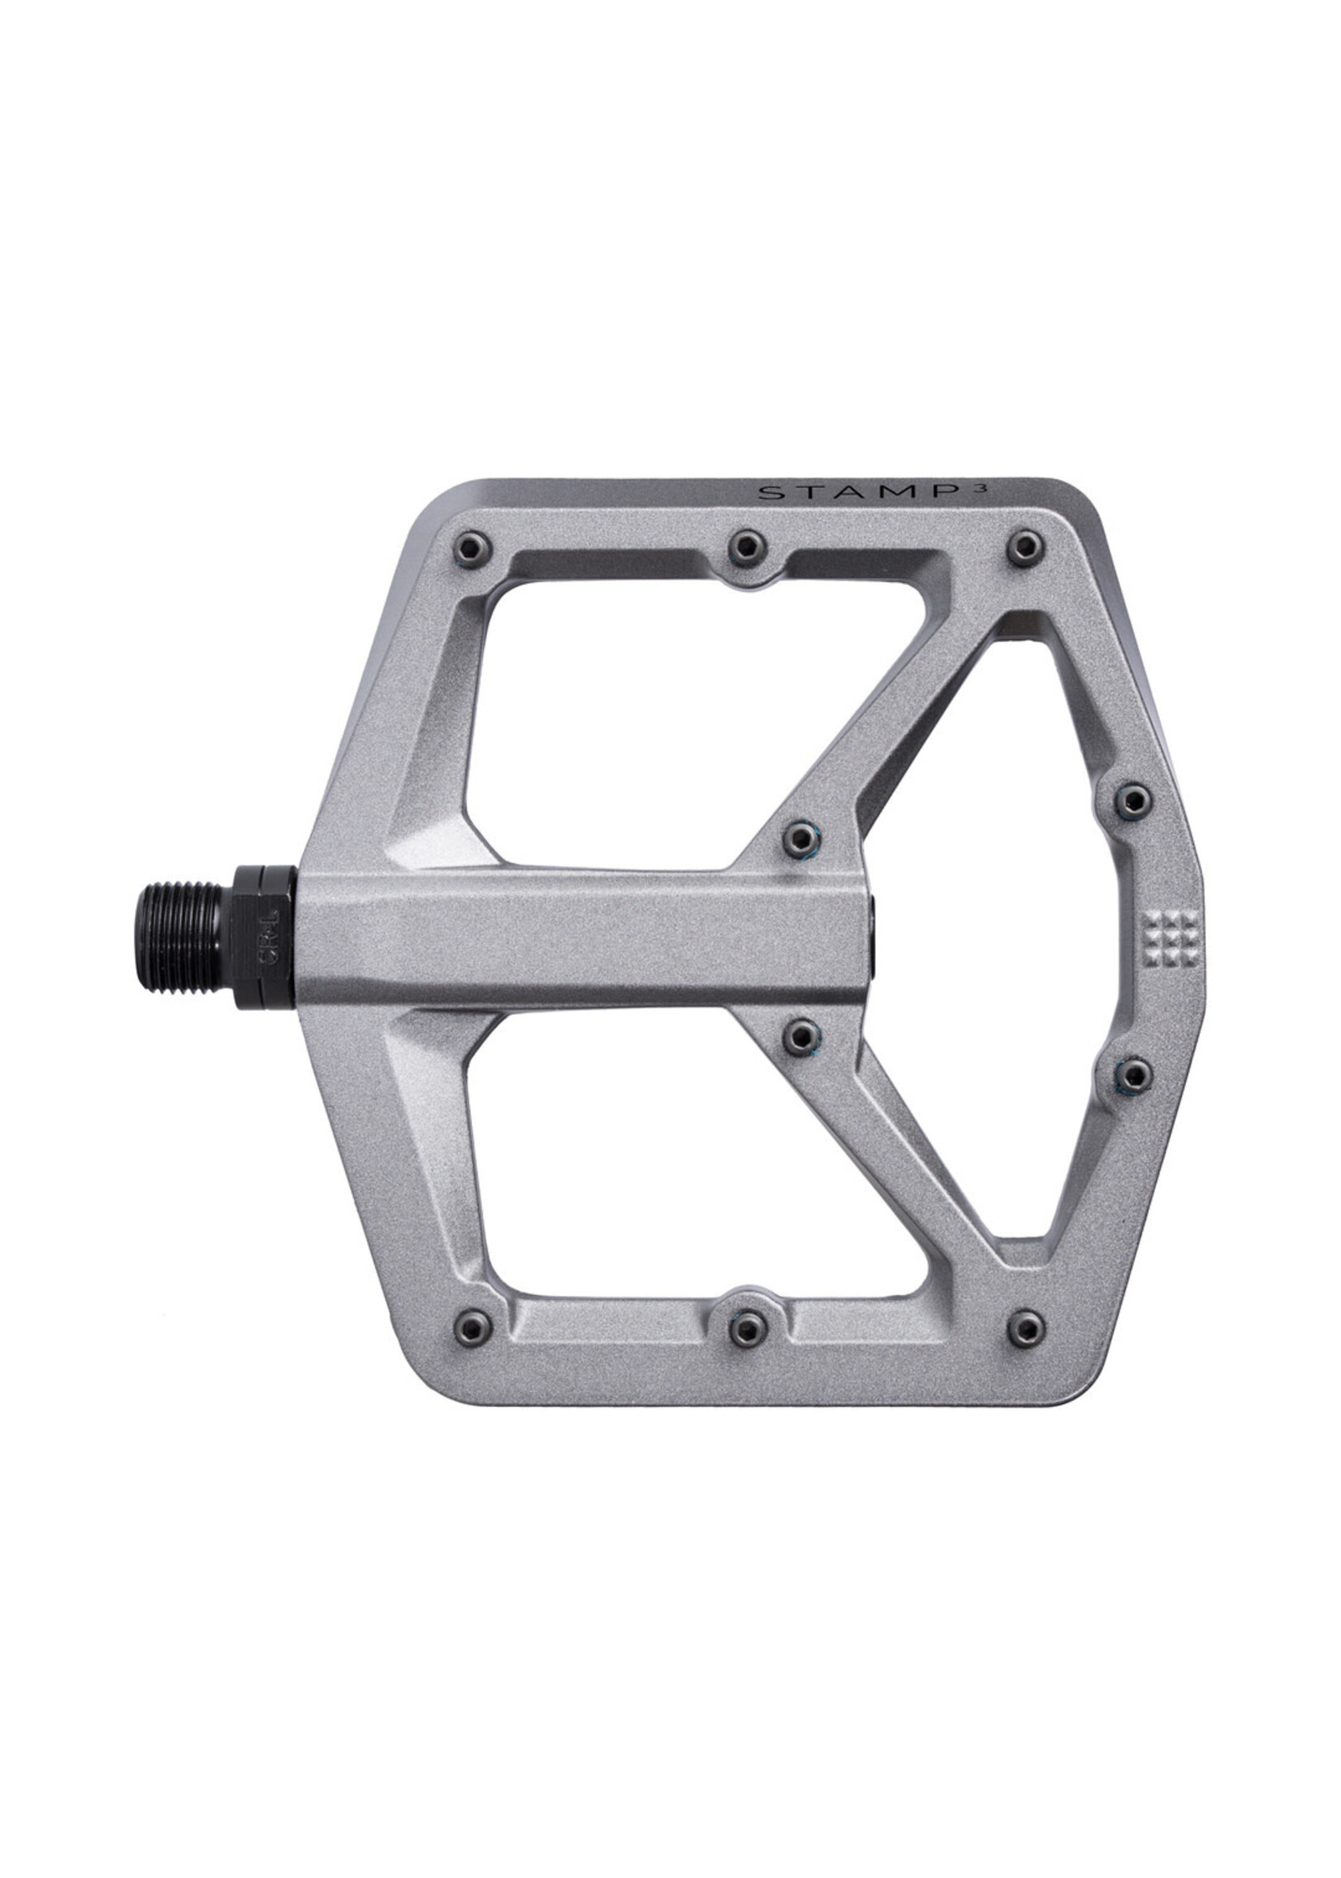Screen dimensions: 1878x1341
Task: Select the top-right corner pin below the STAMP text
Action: point(1024,544)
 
